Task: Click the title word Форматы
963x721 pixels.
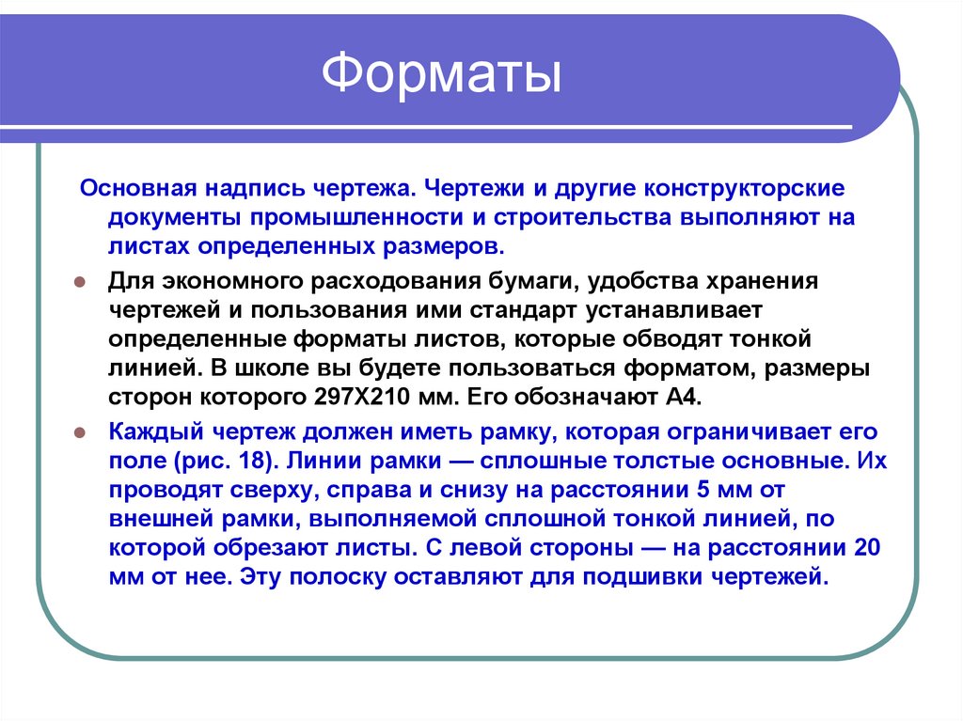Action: pyautogui.click(x=442, y=76)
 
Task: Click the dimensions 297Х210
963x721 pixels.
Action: pyautogui.click(x=351, y=396)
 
